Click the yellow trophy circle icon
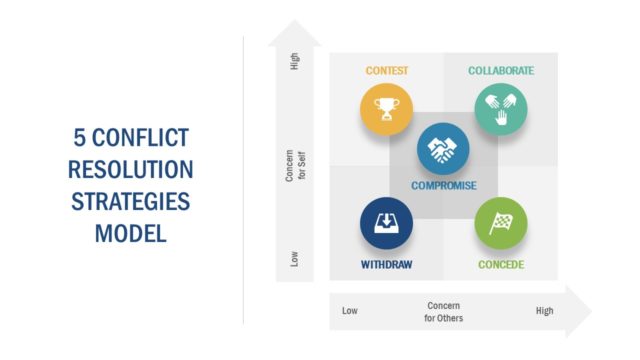click(x=386, y=109)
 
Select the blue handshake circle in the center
click(x=443, y=150)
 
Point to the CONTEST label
click(x=386, y=71)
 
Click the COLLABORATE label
click(x=500, y=71)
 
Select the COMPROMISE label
click(x=443, y=186)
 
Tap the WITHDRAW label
click(x=386, y=265)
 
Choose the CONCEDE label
click(x=500, y=265)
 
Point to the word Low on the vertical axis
click(x=295, y=257)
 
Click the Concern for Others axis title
click(x=444, y=311)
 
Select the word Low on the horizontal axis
click(x=350, y=311)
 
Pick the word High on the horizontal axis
click(x=544, y=311)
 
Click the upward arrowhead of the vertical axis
click(x=295, y=33)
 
